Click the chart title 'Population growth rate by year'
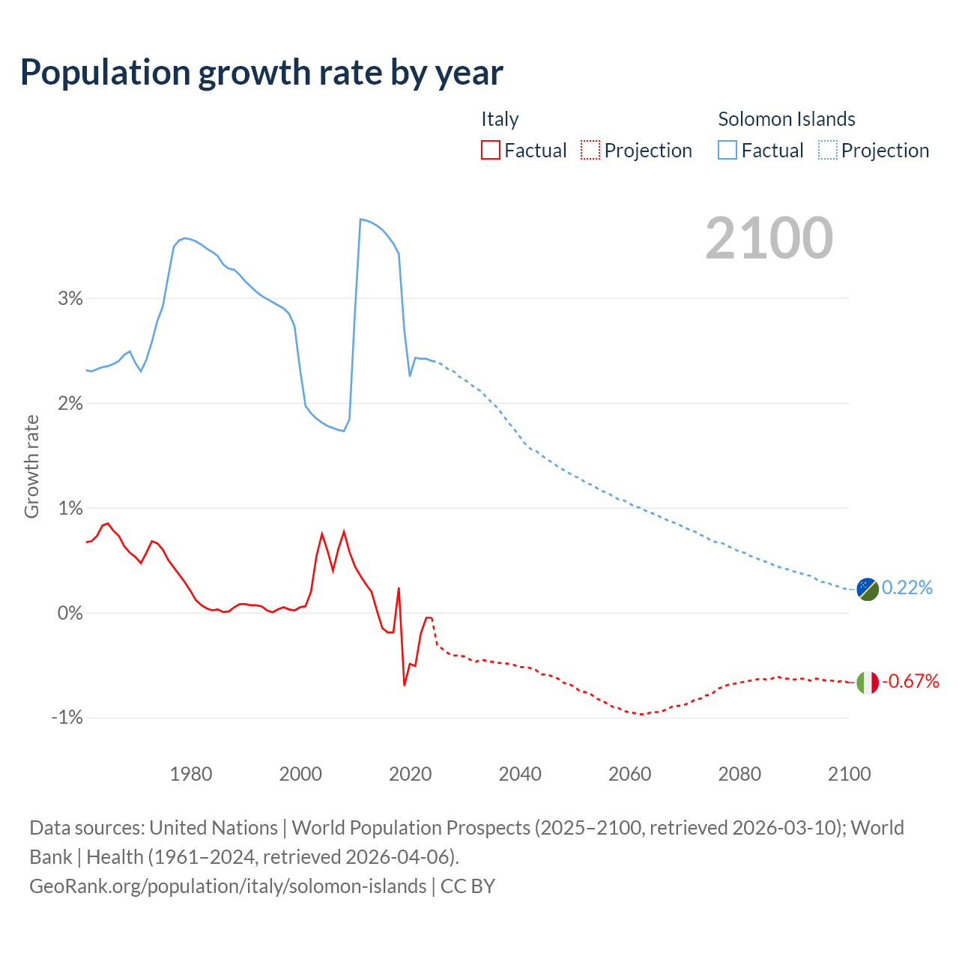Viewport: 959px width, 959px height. click(x=261, y=73)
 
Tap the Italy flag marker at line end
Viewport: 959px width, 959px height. click(x=867, y=683)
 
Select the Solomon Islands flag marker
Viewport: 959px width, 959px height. click(x=867, y=589)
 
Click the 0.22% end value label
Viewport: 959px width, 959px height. click(x=907, y=587)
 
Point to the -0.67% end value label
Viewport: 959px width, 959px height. click(x=910, y=681)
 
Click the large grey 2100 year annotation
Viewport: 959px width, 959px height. click(x=769, y=238)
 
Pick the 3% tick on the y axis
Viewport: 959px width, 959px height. click(x=70, y=298)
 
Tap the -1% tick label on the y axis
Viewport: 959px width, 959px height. click(x=67, y=718)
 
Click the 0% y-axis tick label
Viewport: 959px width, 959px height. click(x=70, y=613)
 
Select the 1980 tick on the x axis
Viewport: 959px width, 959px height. click(x=191, y=774)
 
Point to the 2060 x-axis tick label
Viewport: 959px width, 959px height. click(x=629, y=774)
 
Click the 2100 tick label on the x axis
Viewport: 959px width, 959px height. click(x=849, y=774)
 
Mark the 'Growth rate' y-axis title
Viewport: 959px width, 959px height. click(x=31, y=466)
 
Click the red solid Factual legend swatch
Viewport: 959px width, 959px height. click(x=491, y=150)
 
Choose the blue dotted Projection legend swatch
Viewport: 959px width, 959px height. click(x=828, y=150)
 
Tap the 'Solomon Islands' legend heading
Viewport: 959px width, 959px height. click(x=787, y=119)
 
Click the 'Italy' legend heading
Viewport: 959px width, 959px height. click(x=500, y=119)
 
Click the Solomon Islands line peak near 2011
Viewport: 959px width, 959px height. click(x=361, y=219)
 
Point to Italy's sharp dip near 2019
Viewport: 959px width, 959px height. click(x=405, y=685)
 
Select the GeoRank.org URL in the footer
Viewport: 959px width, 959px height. click(x=228, y=886)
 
